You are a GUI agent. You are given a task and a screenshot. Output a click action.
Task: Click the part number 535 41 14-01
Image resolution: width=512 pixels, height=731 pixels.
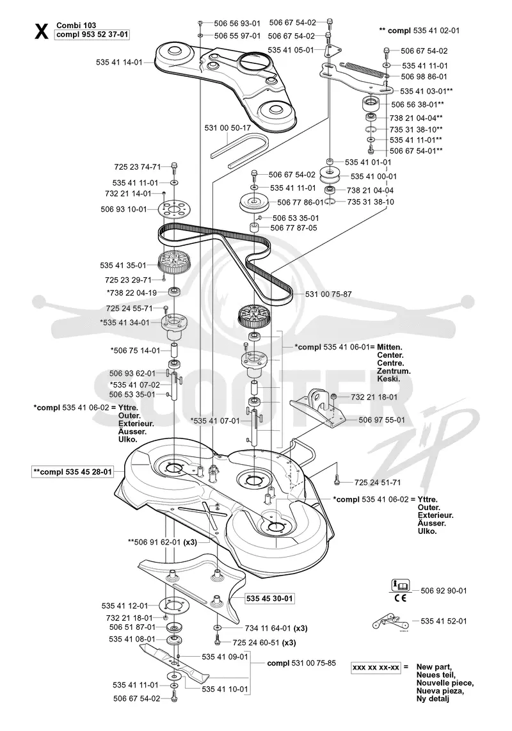pos(119,61)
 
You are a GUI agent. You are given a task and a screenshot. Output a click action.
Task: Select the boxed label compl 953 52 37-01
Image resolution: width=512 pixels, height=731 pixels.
pos(92,35)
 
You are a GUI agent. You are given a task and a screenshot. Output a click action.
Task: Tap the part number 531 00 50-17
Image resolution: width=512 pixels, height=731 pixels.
pos(228,127)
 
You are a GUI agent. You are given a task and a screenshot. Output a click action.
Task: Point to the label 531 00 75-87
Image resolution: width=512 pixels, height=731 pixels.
pos(328,294)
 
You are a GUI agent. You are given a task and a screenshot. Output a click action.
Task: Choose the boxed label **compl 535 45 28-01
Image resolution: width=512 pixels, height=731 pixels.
pos(72,472)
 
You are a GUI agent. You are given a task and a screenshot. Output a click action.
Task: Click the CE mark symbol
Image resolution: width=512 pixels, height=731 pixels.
pos(399,598)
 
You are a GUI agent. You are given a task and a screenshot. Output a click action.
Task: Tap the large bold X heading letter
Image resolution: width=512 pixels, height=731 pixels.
pos(41,32)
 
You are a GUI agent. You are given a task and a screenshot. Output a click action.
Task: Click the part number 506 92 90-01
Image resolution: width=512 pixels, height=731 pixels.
pos(444,590)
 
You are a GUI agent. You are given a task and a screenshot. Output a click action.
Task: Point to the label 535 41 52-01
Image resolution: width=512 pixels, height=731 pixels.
pos(444,621)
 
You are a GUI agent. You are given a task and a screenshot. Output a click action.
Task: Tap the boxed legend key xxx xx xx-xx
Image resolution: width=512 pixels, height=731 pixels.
pos(376,668)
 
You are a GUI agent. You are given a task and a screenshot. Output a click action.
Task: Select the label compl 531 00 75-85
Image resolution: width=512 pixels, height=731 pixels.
pos(301,663)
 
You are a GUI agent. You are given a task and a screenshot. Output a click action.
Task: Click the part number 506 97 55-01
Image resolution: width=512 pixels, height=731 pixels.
pos(381,420)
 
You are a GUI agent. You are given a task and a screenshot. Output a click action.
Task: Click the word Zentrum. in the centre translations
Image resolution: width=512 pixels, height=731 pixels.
pos(394,371)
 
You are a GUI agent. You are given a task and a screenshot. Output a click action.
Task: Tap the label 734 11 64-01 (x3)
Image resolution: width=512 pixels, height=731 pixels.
pos(276,628)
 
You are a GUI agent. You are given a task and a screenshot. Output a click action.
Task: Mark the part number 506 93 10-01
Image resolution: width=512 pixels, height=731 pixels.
pos(124,209)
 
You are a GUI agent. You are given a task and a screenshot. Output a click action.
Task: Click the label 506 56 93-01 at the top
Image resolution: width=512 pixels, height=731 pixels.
pos(237,23)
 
